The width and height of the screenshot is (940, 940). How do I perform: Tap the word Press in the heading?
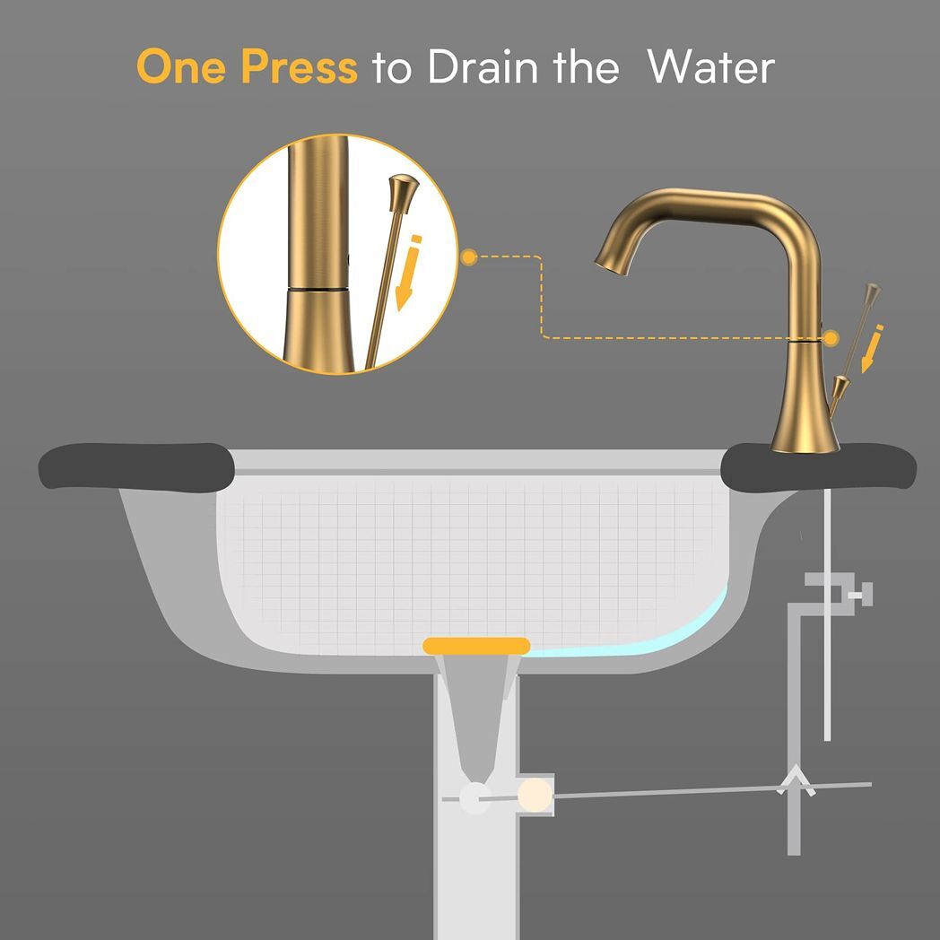(x=300, y=67)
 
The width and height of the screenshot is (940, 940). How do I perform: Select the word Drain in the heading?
(x=479, y=67)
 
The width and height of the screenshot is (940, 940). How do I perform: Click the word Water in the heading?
(x=711, y=67)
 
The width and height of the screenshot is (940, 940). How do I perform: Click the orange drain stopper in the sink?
(x=476, y=645)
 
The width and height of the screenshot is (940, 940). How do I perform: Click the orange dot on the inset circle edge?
(x=468, y=257)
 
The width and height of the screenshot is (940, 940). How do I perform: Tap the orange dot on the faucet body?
(x=831, y=337)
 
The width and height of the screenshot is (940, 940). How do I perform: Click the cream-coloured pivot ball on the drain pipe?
(x=535, y=794)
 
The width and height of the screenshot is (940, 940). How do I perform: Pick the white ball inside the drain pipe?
(x=474, y=797)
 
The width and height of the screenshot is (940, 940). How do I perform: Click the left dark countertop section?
(x=135, y=467)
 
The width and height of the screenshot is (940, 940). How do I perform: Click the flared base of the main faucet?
(x=804, y=422)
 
